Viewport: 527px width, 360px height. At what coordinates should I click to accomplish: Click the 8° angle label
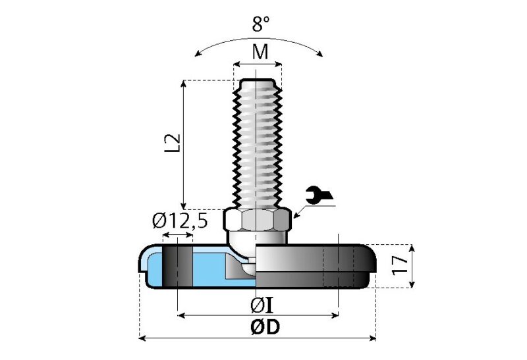(x=261, y=25)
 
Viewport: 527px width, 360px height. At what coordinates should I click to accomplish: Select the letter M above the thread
(x=261, y=52)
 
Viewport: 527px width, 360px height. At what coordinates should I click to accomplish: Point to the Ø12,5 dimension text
(x=180, y=221)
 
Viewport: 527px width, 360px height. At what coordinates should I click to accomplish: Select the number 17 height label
(x=400, y=265)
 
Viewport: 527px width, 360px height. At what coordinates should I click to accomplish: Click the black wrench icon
(x=320, y=195)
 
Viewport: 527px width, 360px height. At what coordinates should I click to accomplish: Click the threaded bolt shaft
(x=258, y=145)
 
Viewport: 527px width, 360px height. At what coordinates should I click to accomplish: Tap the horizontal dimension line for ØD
(x=198, y=339)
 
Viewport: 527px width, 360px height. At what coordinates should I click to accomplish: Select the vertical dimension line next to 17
(x=413, y=265)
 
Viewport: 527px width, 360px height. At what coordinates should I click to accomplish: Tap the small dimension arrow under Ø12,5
(x=178, y=236)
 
